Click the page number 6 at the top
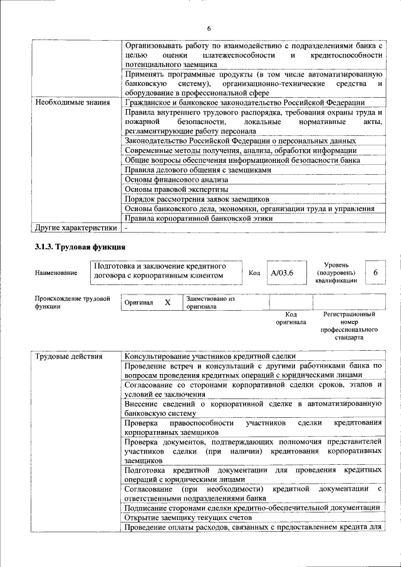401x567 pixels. pyautogui.click(x=209, y=29)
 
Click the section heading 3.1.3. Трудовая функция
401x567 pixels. pyautogui.click(x=81, y=247)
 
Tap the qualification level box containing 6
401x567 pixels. pyautogui.click(x=375, y=273)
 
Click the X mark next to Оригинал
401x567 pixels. pyautogui.click(x=167, y=303)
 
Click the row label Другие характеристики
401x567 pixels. pyautogui.click(x=76, y=228)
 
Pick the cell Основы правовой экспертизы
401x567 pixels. pyautogui.click(x=176, y=189)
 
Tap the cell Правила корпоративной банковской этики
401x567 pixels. pyautogui.click(x=199, y=219)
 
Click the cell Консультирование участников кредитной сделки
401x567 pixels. pyautogui.click(x=210, y=356)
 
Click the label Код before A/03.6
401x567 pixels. pyautogui.click(x=254, y=273)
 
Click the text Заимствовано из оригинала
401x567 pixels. pyautogui.click(x=210, y=303)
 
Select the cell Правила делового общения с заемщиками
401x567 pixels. pyautogui.click(x=198, y=169)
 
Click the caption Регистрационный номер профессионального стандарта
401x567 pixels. pyautogui.click(x=349, y=325)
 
